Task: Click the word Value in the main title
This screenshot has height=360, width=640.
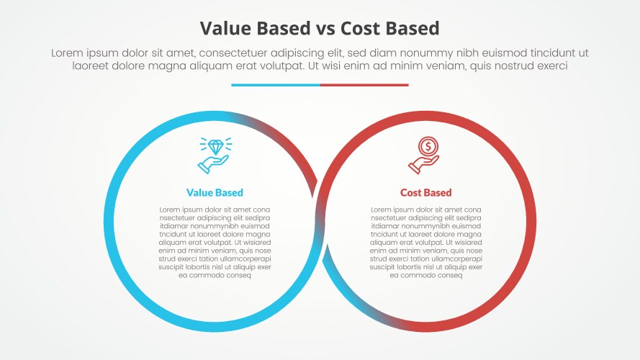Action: tap(225, 28)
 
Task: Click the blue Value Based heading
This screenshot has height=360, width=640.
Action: tap(215, 192)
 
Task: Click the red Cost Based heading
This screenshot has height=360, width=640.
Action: tap(426, 192)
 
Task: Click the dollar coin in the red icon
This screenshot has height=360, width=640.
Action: tap(428, 147)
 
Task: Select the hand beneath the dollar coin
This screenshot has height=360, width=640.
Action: tap(423, 165)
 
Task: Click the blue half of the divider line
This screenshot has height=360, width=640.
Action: tap(276, 85)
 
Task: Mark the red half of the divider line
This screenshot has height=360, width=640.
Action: tap(364, 85)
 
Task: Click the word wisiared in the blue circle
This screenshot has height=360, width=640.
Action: tap(253, 242)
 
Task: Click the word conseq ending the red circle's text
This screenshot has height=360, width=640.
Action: tap(450, 275)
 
